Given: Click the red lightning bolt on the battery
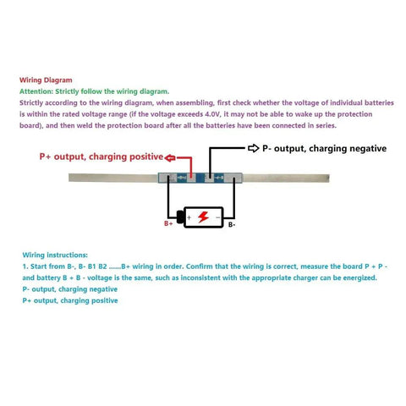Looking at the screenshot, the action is tap(203, 217).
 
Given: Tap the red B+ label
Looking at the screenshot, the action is tap(168, 223).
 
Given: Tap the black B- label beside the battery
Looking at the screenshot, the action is tap(232, 225).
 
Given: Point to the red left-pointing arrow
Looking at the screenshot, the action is tap(170, 158).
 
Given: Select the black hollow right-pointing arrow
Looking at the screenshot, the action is tap(254, 148).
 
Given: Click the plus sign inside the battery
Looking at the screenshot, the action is tap(189, 217).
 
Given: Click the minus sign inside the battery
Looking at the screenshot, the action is tap(217, 217).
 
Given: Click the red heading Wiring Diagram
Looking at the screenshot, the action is tap(46, 80).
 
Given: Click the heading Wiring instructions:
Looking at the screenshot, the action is tap(55, 255).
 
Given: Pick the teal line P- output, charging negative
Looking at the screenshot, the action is tap(70, 289).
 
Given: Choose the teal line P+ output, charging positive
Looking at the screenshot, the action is tap(70, 300).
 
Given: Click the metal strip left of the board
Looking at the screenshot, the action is tap(113, 178).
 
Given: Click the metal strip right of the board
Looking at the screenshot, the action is tap(286, 178).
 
